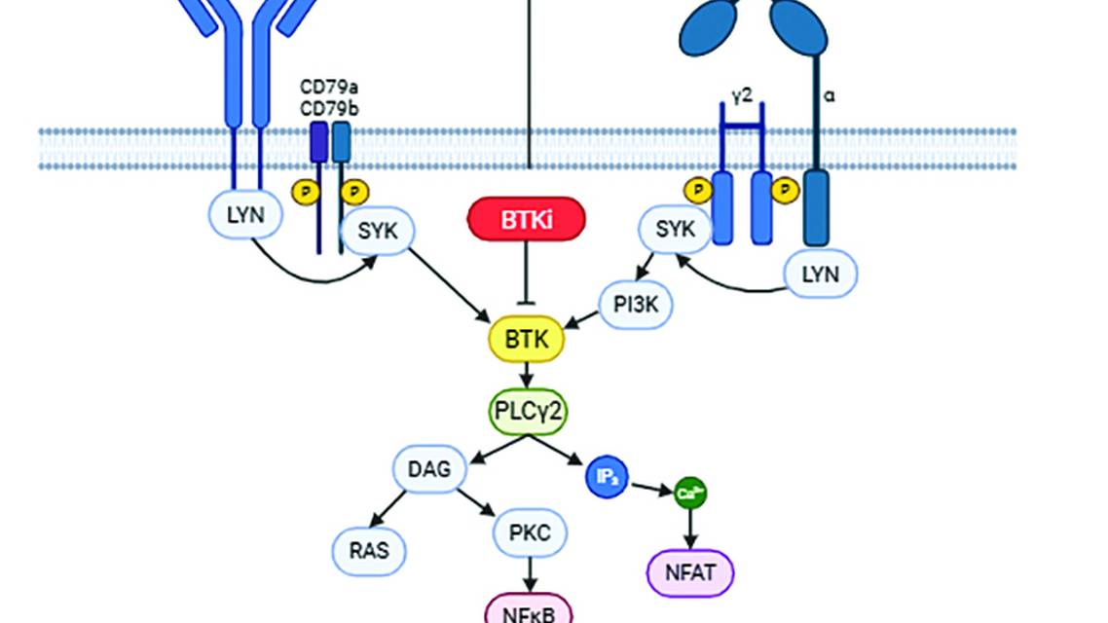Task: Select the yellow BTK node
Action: coord(527,340)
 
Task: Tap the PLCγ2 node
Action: coord(528,413)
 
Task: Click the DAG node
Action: coord(429,469)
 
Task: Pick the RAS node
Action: coord(368,550)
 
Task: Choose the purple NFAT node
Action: coord(690,572)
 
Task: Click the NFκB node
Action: coord(529,611)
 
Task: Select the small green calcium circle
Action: coord(690,494)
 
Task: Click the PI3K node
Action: coord(636,305)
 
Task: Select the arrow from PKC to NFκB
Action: coord(530,574)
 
